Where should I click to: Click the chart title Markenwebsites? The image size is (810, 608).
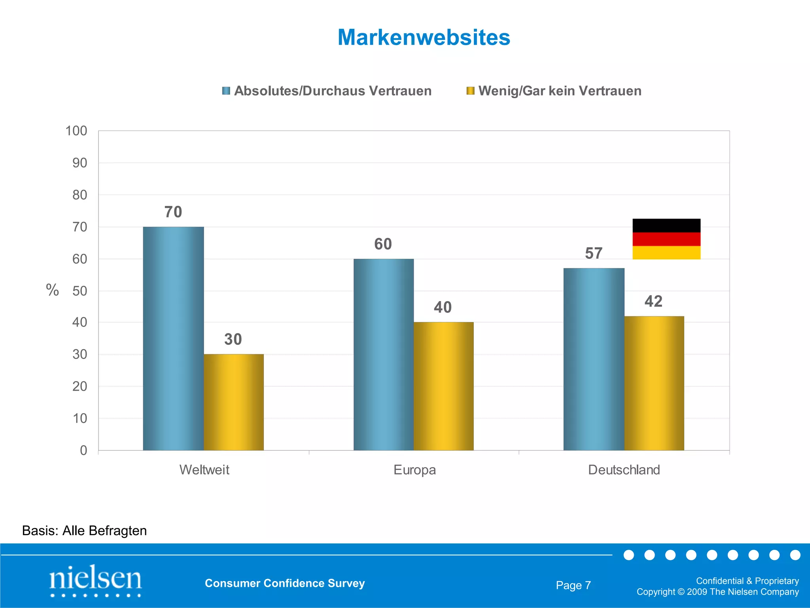pos(424,38)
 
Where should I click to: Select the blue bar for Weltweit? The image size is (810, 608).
pos(173,338)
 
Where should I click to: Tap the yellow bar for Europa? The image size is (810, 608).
pos(443,386)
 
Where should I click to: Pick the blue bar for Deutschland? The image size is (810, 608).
pos(594,359)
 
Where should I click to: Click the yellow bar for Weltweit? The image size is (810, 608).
pos(233,402)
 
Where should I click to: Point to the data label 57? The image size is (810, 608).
pos(594,253)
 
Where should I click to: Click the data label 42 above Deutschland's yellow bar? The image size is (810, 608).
pos(653,302)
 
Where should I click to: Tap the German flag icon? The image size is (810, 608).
pos(666,239)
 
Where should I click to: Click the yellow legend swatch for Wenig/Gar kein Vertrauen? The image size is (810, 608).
pos(470,91)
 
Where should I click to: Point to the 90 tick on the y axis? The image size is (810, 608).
pos(79,163)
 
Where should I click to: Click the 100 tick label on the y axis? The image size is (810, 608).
pos(76,131)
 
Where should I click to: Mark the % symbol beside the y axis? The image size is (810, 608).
pos(52,290)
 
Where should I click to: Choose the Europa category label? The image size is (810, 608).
pos(414,470)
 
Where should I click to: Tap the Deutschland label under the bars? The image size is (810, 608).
pos(624,470)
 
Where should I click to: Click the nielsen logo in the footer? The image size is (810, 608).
pos(95,580)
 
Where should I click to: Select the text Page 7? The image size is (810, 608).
pos(573,585)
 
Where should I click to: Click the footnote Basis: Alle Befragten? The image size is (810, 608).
pos(84,530)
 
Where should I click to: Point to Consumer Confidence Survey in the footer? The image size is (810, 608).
pos(285,583)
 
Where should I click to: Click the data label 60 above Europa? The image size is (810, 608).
pos(383,244)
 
